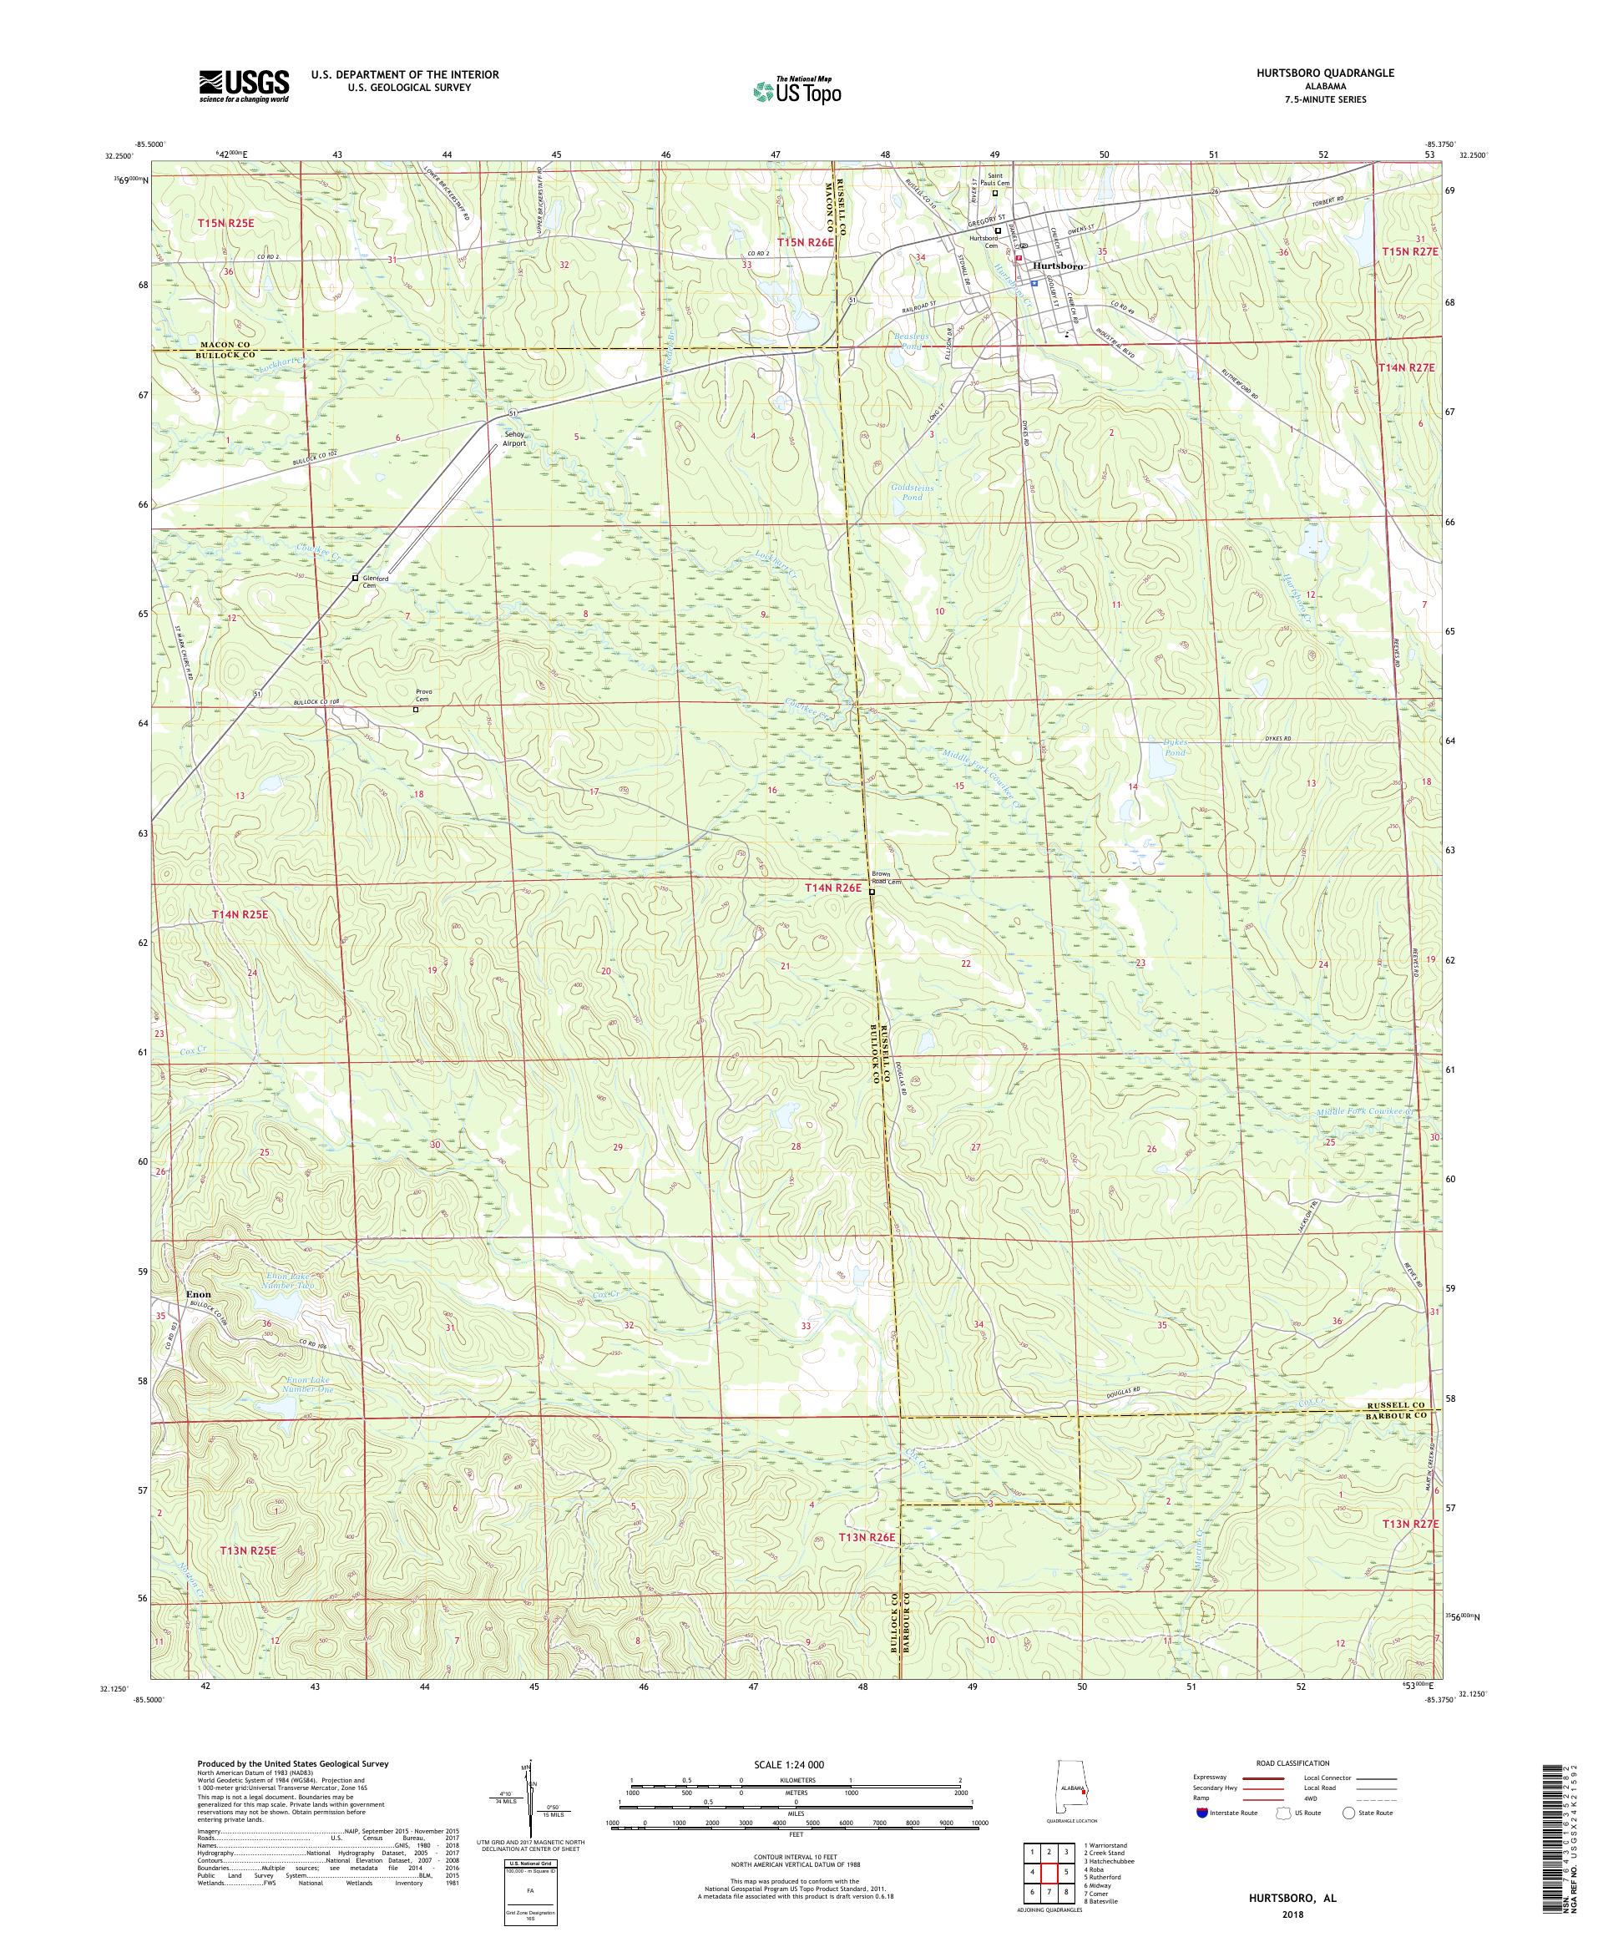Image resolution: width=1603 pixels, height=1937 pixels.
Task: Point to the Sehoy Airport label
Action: (x=513, y=438)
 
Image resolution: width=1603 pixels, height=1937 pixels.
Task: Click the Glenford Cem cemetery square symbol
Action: (x=355, y=578)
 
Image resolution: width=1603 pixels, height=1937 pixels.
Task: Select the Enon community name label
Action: (x=200, y=1294)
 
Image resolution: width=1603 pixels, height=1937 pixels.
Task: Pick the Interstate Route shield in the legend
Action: (x=1200, y=1812)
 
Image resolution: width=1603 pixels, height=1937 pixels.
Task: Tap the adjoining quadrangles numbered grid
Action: (x=1048, y=1868)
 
